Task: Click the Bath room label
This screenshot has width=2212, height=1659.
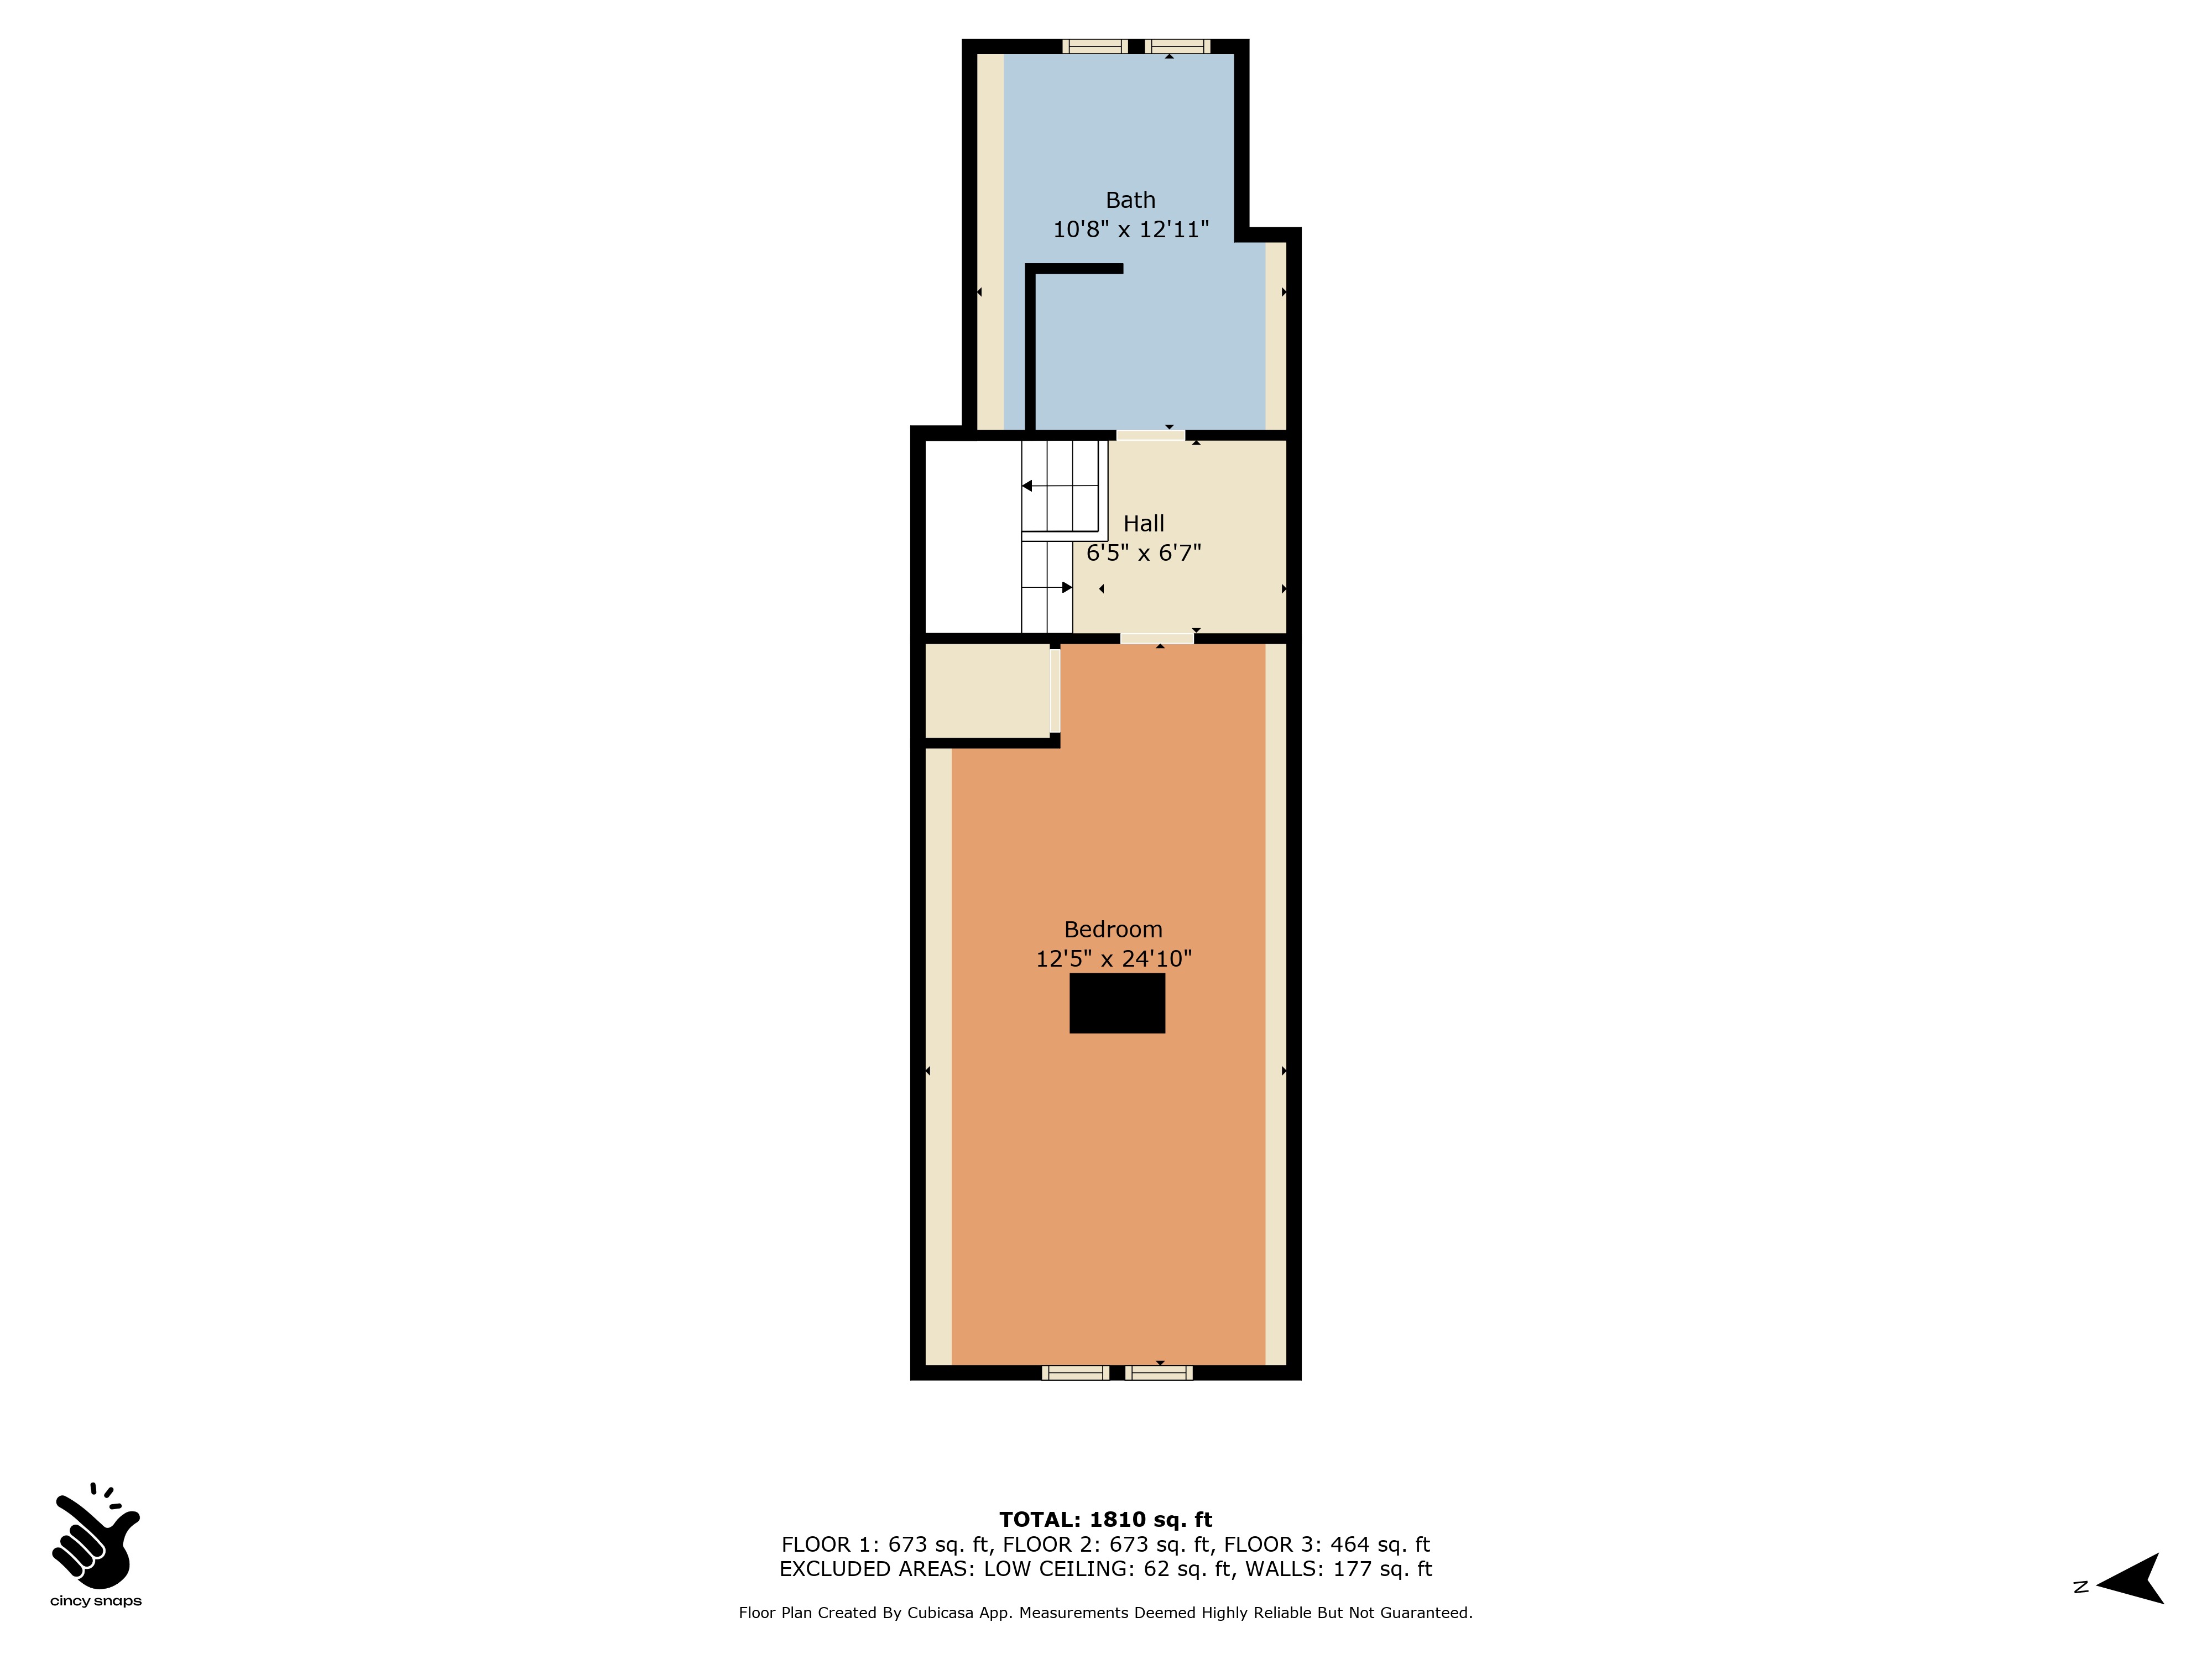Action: pos(1130,200)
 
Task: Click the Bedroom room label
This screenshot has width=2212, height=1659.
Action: pos(1113,929)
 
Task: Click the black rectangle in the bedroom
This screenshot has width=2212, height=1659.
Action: pos(1117,1003)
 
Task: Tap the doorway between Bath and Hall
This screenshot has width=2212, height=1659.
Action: pos(1150,435)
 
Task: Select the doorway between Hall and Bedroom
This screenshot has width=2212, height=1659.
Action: pos(1157,638)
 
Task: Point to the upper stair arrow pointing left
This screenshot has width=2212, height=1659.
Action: pos(1059,486)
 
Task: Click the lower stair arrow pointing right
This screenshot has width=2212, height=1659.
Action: pos(1047,587)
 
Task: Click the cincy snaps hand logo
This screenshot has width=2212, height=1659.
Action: pos(96,1536)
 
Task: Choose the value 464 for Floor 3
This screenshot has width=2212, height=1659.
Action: pos(1349,1544)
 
